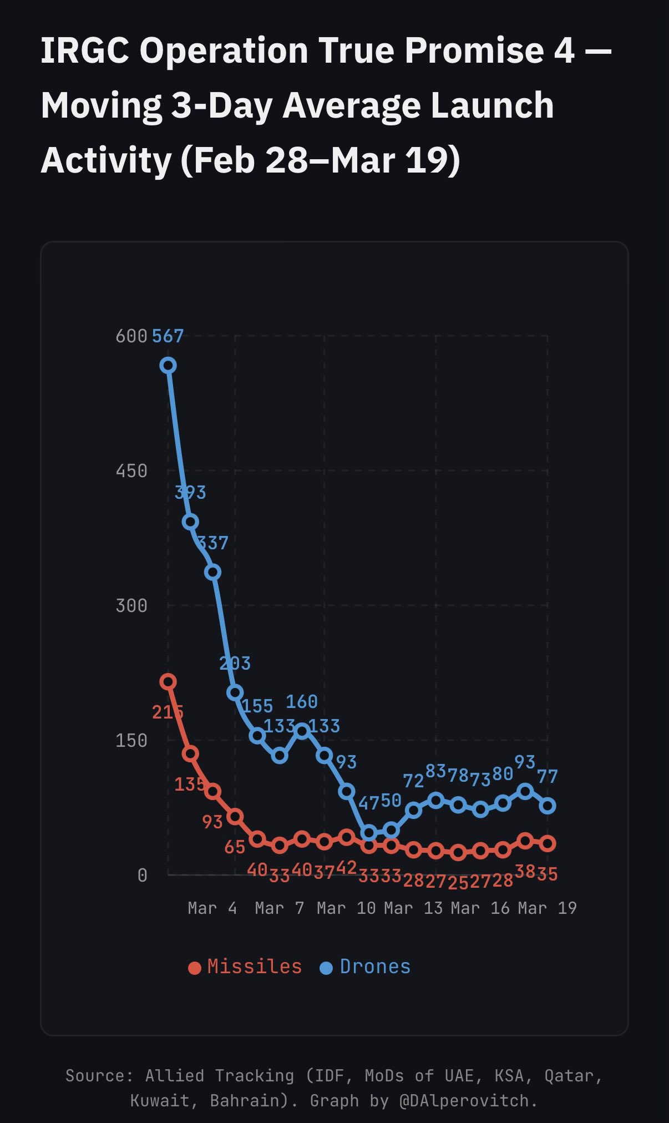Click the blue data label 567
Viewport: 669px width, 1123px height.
coord(168,336)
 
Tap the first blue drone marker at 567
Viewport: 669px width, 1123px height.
coord(168,365)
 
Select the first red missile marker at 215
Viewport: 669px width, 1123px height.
coord(168,681)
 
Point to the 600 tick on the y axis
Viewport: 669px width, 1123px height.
coord(131,336)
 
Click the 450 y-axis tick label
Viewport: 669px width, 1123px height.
coord(131,471)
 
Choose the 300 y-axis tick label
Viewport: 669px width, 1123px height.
coord(131,606)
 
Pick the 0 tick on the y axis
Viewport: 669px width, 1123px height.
coord(143,876)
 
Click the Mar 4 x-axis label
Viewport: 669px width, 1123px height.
coord(212,908)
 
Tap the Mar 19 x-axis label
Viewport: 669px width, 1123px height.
coord(547,908)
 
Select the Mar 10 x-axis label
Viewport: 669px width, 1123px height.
coord(346,908)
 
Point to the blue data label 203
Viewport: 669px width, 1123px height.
coord(235,663)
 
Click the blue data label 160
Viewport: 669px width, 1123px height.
coord(302,702)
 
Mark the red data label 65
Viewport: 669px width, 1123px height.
coord(235,847)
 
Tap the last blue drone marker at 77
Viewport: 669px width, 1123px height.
coord(548,806)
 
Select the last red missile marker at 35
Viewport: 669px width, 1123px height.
coord(548,843)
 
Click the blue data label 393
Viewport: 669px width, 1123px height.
coord(190,492)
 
